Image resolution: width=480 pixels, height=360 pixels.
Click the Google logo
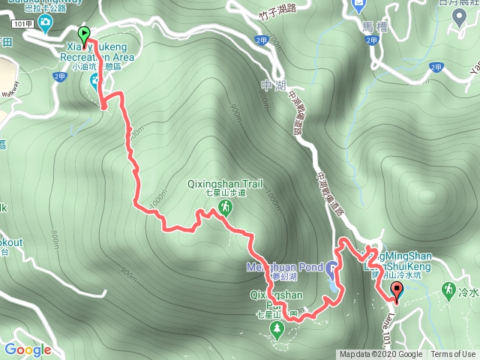tap(28, 349)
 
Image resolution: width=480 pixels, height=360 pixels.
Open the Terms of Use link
tap(453, 355)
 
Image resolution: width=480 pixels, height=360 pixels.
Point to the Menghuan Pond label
tap(284, 267)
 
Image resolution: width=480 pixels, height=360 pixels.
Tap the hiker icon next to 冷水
tap(449, 289)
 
